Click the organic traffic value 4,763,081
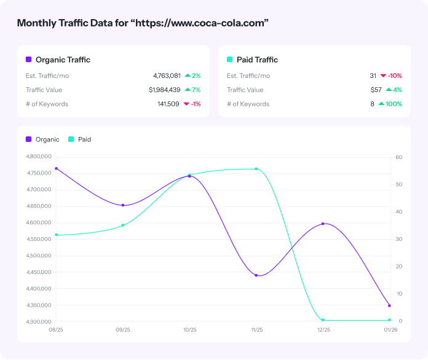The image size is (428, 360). coord(167,76)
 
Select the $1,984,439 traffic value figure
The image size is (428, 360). coord(164,90)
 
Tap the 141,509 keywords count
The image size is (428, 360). coord(168,104)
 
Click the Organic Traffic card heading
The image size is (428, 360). coord(63,60)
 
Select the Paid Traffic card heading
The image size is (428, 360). coord(257,60)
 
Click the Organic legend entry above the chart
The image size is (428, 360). coord(47,139)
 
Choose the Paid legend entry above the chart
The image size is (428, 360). coord(84,139)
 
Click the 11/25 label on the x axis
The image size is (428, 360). coord(256,330)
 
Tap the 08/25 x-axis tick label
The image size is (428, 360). coord(56,330)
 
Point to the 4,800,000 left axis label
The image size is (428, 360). coord(39,157)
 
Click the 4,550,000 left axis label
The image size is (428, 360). coord(39,239)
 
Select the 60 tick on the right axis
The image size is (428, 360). coord(398,157)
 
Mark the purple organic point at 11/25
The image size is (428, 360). coord(256,275)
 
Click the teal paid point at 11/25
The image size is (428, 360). coord(256,169)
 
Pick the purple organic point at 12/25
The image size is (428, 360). coord(323,224)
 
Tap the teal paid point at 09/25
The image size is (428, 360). coord(123,225)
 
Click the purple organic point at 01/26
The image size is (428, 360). coord(389,305)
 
